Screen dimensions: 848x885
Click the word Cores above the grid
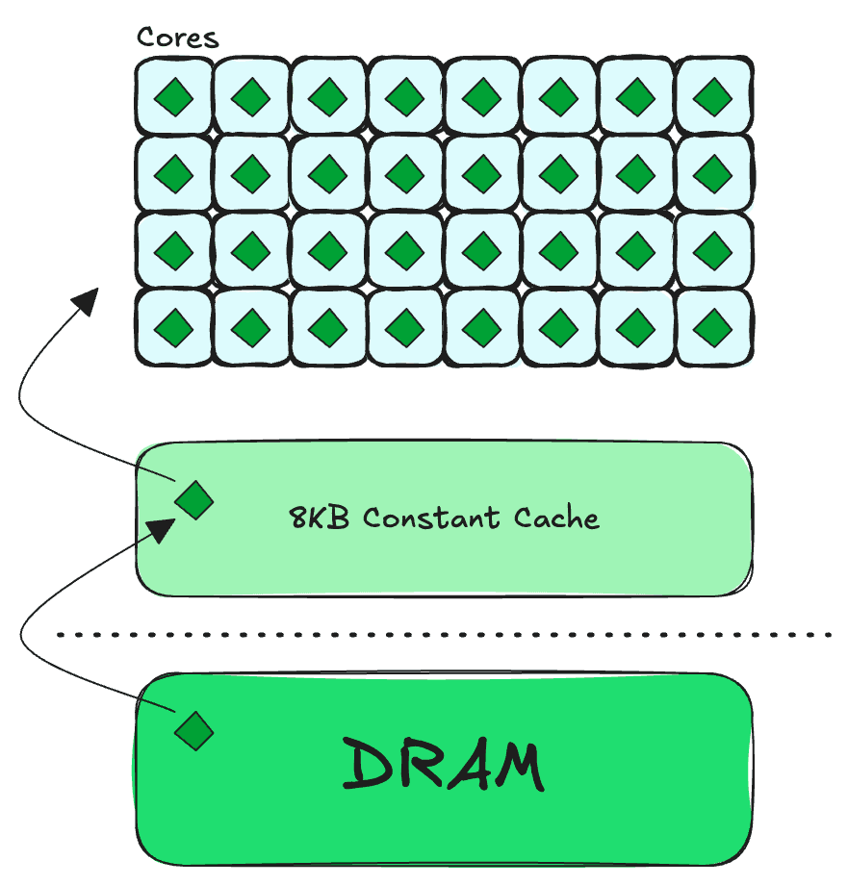[x=177, y=38]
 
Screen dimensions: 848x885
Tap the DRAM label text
[x=443, y=764]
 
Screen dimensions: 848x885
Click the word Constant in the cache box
[x=431, y=518]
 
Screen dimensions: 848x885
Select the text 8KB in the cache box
[x=319, y=518]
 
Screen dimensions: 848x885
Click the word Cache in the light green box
[x=556, y=518]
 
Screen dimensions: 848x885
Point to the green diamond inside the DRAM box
[x=194, y=731]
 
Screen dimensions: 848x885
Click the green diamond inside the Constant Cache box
[x=194, y=500]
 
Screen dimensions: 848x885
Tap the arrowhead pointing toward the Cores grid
[x=86, y=301]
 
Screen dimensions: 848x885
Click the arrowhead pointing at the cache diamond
[x=161, y=530]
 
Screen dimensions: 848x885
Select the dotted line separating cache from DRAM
[x=445, y=635]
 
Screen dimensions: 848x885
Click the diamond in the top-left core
[x=173, y=97]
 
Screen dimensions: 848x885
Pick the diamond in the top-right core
[x=713, y=97]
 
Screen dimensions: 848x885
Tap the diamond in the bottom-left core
[x=173, y=328]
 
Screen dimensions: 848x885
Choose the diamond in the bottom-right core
[x=713, y=328]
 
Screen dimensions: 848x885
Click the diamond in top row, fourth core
[x=405, y=97]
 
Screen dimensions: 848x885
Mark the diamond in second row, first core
[x=173, y=174]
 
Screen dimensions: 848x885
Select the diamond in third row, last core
[x=713, y=251]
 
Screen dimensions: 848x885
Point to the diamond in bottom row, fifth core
[x=481, y=328]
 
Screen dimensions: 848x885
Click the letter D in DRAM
[x=366, y=763]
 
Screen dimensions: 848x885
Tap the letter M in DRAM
[x=518, y=766]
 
